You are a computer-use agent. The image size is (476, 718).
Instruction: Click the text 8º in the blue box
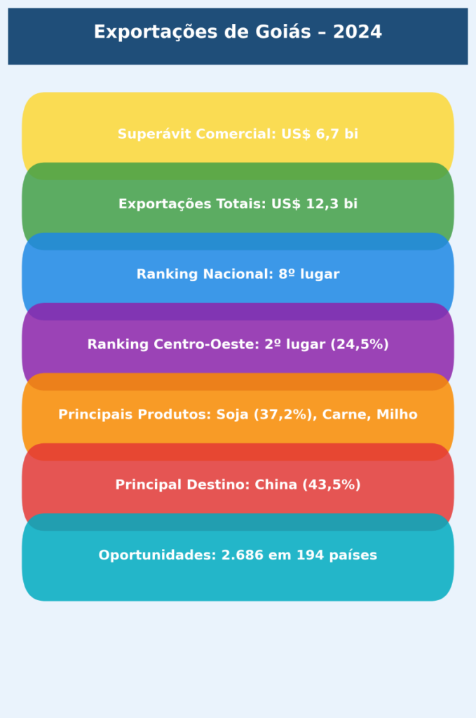[x=286, y=274]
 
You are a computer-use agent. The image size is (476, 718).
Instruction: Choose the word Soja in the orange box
[x=233, y=414]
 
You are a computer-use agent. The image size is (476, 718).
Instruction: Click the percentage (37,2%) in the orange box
[x=284, y=414]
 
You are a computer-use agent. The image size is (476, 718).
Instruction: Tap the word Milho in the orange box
[x=397, y=414]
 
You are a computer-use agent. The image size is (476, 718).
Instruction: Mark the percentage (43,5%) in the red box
[x=331, y=485]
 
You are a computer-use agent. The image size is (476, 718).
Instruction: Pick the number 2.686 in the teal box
[x=243, y=555]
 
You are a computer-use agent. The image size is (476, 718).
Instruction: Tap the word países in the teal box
[x=356, y=555]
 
